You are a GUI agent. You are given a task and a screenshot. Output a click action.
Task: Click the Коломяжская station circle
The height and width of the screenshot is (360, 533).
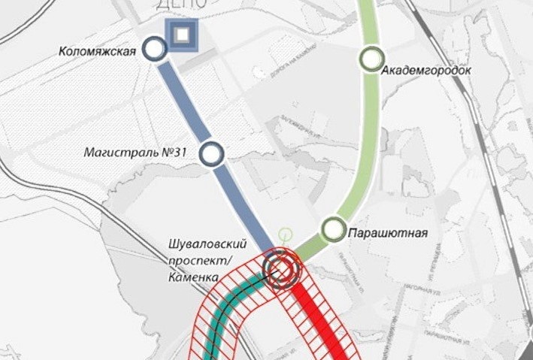click(x=155, y=50)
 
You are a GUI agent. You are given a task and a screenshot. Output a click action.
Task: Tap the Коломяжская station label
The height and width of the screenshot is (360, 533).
click(x=98, y=51)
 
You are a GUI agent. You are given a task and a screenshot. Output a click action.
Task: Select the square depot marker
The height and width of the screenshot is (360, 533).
click(x=181, y=35)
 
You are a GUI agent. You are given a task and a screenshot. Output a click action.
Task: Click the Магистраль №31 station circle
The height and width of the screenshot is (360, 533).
click(x=211, y=153)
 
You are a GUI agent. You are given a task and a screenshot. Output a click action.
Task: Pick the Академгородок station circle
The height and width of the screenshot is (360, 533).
click(x=371, y=59)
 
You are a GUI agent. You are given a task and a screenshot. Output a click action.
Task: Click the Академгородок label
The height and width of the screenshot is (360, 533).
click(x=426, y=71)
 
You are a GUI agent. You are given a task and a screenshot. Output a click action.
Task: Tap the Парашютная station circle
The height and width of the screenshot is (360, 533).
click(x=332, y=229)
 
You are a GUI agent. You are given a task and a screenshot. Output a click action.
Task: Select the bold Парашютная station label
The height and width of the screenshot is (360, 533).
click(x=387, y=233)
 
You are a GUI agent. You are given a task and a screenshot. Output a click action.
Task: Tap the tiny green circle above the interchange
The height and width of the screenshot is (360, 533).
click(x=284, y=234)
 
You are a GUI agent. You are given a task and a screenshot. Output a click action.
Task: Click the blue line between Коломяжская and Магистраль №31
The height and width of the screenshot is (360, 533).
click(x=183, y=101)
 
